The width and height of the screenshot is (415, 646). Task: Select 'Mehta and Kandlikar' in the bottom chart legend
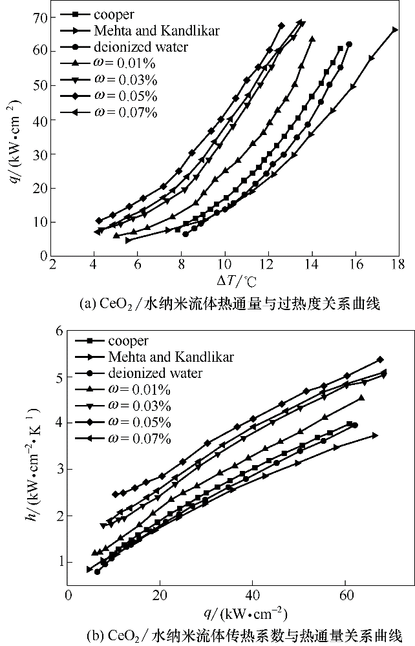coord(162,357)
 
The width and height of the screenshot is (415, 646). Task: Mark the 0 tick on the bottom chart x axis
coord(68,595)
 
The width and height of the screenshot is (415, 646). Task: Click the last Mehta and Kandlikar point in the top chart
coord(395,30)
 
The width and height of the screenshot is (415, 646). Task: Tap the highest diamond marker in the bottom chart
coord(380,360)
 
